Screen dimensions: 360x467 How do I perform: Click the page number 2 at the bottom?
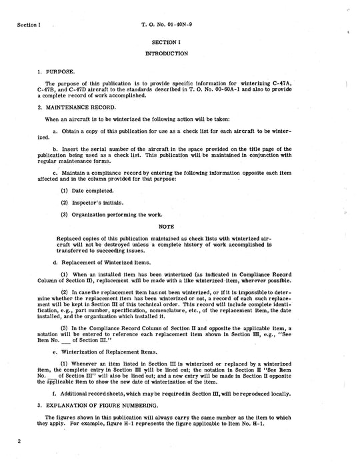coord(20,441)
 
